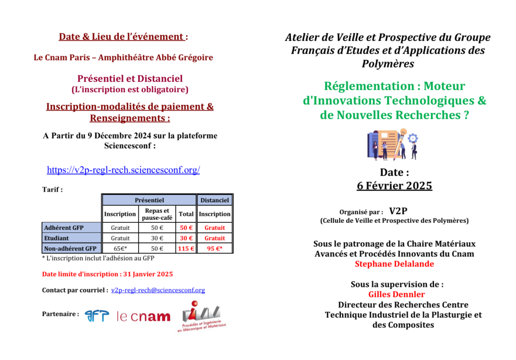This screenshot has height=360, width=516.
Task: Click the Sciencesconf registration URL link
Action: (x=123, y=170)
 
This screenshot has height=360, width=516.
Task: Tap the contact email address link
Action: (x=158, y=290)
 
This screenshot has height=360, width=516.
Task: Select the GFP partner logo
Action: (x=97, y=316)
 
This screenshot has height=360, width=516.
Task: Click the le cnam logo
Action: (x=143, y=317)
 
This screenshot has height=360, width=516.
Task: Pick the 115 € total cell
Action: (x=186, y=249)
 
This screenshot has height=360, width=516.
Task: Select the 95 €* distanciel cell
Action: (x=215, y=249)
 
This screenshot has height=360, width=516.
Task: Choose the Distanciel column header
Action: (x=215, y=200)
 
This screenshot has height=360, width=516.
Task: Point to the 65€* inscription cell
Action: (x=120, y=249)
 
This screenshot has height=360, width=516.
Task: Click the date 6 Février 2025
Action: (x=394, y=186)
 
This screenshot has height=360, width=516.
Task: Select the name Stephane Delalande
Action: (x=394, y=264)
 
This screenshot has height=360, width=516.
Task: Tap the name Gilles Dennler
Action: (x=397, y=294)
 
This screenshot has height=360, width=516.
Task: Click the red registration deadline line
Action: (x=107, y=274)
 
